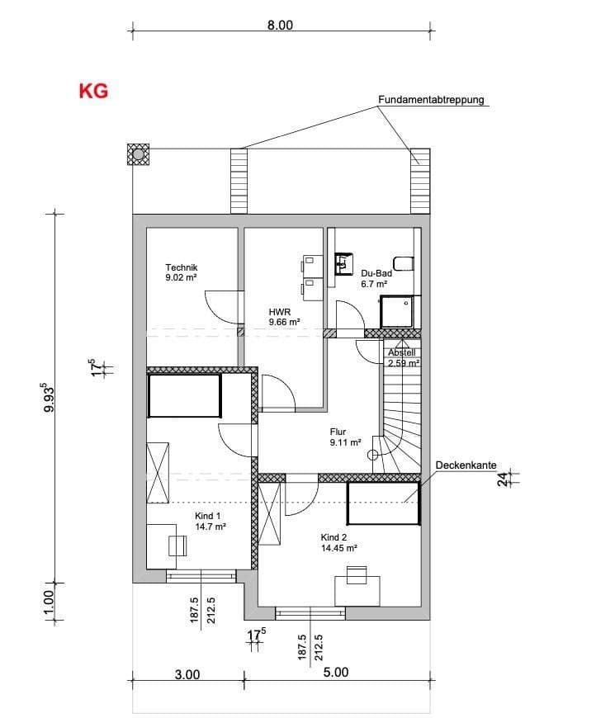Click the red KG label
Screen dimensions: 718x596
(93, 91)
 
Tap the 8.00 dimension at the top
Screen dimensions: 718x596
(280, 25)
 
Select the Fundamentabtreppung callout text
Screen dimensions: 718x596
(431, 100)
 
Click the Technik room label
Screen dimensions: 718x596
(182, 272)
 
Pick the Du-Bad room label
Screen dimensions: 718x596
(376, 278)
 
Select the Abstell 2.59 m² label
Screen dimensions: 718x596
(404, 357)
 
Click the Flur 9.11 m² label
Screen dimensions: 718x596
(345, 437)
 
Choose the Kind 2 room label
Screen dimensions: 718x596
(338, 541)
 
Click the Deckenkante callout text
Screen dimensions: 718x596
(466, 466)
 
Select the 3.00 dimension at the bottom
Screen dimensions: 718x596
(187, 673)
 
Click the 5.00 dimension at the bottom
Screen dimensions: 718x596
(335, 673)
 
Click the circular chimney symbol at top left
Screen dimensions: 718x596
(138, 154)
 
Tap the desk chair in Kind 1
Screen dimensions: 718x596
(177, 546)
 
